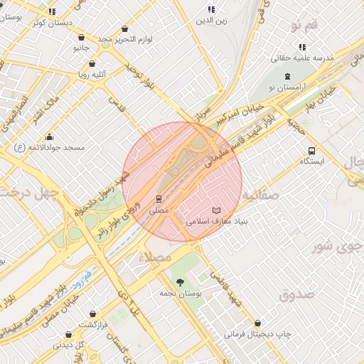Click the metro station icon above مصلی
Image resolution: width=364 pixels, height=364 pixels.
(159, 200)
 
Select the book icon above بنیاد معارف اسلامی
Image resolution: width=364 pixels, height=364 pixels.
(217, 210)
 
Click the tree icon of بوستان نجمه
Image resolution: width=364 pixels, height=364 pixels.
(178, 282)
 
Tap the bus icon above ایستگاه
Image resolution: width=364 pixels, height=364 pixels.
(311, 151)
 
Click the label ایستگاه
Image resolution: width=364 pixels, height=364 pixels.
(311, 161)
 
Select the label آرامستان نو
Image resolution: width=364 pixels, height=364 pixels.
(287, 87)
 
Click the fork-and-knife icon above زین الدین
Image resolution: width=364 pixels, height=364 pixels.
(211, 9)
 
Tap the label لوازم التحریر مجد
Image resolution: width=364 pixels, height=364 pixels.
(126, 38)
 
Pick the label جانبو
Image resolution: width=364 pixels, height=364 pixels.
(82, 48)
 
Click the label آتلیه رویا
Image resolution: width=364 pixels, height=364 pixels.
(92, 73)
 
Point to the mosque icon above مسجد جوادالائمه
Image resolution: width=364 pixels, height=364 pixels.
(49, 136)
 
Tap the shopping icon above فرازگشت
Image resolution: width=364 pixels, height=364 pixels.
(93, 314)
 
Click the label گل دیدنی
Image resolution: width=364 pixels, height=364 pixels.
(69, 345)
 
